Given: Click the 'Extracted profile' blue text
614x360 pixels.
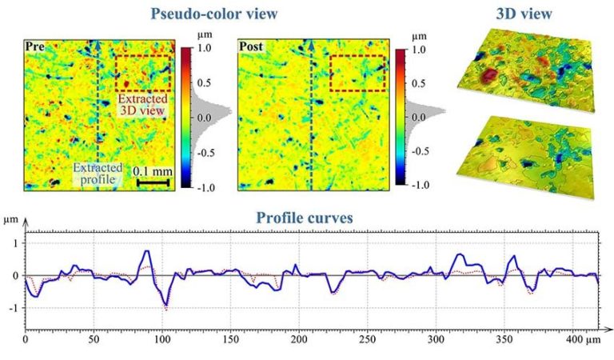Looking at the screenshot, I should coord(98,174).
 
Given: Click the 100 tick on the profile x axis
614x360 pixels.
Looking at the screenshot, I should coord(161,341).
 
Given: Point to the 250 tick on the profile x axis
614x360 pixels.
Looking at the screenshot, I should coord(366,341).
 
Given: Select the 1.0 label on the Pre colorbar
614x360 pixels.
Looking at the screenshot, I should coord(205,47).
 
